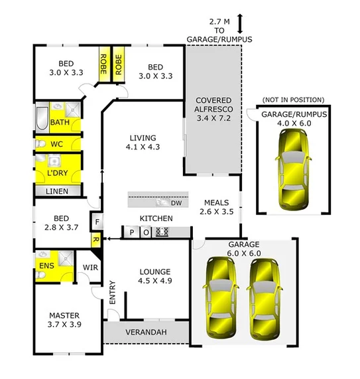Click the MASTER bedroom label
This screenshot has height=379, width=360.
65,321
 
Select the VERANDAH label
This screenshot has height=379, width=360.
147,332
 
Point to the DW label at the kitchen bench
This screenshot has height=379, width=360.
176,202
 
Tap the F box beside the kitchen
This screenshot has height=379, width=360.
96,222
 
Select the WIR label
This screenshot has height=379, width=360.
90,268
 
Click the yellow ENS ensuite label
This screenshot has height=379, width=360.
46,266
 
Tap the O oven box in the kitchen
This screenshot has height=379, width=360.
146,232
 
